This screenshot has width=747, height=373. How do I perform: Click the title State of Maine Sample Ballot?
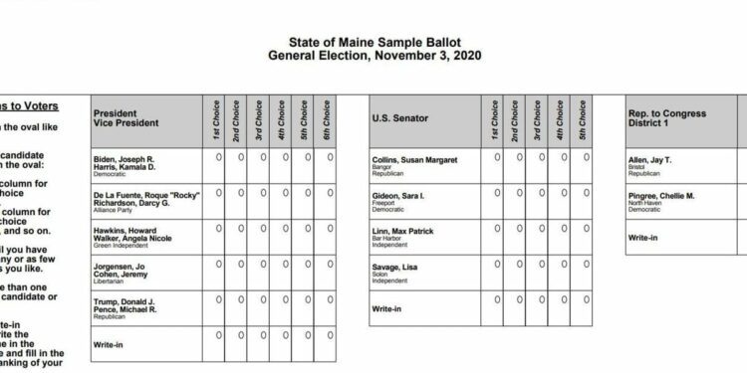[x=373, y=44]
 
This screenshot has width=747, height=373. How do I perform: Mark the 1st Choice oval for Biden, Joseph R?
[x=219, y=157]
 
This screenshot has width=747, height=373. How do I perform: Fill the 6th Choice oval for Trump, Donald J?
[x=328, y=299]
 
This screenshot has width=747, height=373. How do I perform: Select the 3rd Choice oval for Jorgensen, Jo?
[x=263, y=264]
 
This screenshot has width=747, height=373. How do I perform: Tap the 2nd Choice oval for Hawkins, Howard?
[x=241, y=228]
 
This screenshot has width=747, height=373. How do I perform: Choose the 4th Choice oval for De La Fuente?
[x=285, y=192]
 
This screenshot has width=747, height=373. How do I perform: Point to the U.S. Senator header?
[x=399, y=119]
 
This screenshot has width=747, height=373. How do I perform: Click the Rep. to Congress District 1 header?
[x=667, y=119]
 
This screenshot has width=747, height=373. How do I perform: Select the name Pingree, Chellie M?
[x=661, y=197]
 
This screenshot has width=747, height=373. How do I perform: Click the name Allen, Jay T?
[x=649, y=159]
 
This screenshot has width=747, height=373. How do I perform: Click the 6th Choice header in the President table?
[x=328, y=119]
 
